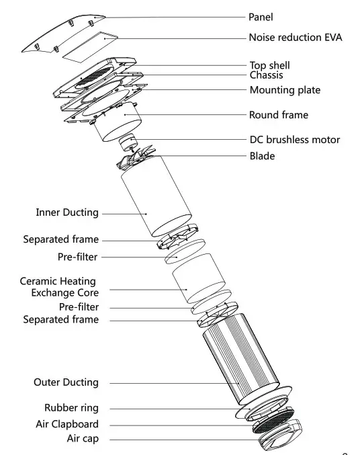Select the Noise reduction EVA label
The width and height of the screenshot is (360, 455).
click(296, 38)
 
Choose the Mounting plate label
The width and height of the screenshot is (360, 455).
click(285, 89)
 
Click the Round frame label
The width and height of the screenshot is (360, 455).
click(279, 115)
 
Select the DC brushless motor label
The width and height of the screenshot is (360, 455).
click(294, 140)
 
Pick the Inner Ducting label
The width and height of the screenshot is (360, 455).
click(67, 212)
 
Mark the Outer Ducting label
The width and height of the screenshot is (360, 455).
click(66, 382)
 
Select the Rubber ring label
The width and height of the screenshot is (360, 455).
click(71, 408)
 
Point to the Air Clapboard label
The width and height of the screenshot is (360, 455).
click(67, 424)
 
